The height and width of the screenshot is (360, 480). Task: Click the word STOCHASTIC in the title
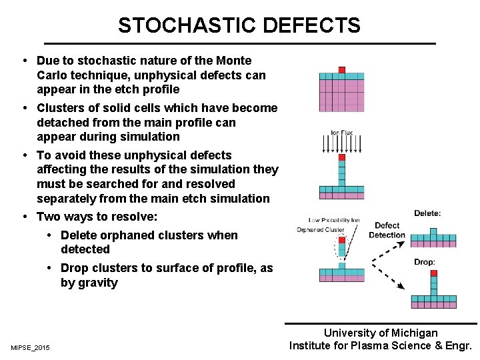187,25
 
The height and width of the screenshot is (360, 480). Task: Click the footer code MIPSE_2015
30,347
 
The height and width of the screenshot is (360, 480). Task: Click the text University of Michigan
381,333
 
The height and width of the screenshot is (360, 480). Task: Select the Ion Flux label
342,133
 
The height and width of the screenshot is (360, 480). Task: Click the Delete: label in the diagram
427,213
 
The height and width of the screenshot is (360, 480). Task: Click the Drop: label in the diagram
424,262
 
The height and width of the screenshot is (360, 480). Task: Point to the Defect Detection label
387,230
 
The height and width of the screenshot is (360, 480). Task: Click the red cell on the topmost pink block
341,70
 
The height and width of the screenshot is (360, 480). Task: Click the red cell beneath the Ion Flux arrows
341,158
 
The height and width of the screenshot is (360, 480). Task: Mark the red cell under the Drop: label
433,273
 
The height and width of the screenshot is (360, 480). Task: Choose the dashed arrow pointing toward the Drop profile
387,275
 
